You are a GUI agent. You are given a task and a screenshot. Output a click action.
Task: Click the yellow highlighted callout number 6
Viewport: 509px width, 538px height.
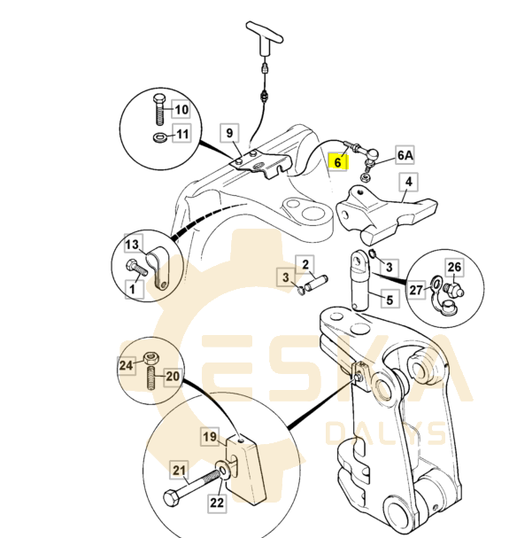click(337, 162)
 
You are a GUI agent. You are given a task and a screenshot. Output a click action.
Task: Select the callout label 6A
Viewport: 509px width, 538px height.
click(405, 155)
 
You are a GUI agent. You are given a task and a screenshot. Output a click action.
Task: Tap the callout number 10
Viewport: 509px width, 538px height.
click(181, 110)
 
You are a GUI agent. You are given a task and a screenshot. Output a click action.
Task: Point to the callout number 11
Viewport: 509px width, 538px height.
click(181, 135)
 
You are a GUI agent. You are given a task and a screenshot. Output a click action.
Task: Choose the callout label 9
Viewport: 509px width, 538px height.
click(229, 134)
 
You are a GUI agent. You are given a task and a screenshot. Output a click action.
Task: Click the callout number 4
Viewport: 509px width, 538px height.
click(408, 183)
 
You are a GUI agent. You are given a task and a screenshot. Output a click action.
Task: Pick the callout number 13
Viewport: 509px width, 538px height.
click(132, 245)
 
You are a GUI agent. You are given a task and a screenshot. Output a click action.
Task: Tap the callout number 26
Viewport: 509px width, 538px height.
click(454, 266)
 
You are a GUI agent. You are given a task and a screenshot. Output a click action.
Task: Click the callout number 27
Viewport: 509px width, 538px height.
click(416, 289)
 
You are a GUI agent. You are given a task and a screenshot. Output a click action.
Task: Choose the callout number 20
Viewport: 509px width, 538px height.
click(173, 376)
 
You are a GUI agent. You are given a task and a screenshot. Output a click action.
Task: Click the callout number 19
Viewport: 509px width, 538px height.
click(209, 436)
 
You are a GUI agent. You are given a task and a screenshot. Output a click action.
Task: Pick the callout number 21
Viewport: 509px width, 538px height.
click(179, 470)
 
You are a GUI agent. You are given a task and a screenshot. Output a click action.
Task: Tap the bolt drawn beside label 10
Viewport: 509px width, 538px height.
click(158, 110)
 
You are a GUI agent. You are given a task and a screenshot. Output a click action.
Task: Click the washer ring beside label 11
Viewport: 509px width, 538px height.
click(158, 137)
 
